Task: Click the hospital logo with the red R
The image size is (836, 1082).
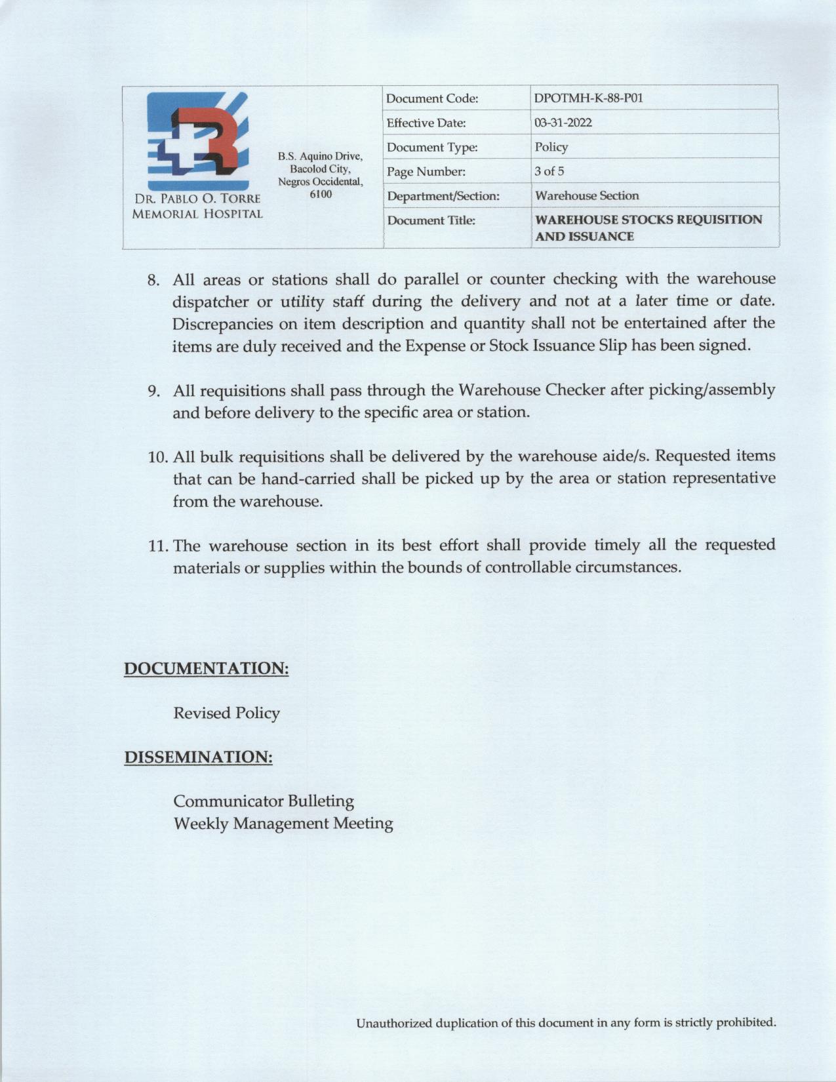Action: coord(197,141)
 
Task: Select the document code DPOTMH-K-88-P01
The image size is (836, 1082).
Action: coord(588,98)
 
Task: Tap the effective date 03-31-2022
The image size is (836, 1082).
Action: coord(563,123)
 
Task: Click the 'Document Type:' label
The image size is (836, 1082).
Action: coord(431,148)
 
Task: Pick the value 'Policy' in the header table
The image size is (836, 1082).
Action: coord(551,147)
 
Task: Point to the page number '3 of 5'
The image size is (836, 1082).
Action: coord(549,171)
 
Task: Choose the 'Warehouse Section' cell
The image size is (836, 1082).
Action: coord(586,195)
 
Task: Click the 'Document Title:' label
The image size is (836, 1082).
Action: coord(431,220)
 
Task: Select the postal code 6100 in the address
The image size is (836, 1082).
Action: coord(320,194)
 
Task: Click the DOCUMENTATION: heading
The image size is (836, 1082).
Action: coord(207,669)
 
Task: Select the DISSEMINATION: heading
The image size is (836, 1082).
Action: coord(198,757)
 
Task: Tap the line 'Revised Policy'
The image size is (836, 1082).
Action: coord(226,713)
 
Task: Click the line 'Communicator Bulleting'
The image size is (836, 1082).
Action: coord(264,801)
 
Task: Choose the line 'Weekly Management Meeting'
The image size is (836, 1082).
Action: coord(283,823)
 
